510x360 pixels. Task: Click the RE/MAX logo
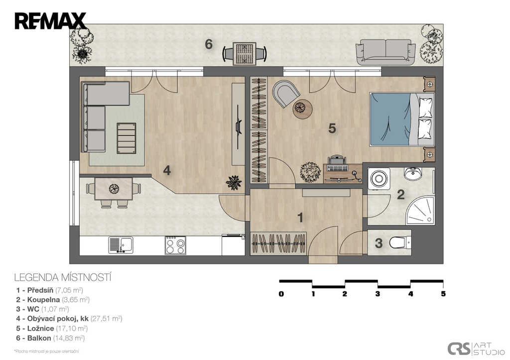click(x=50, y=21)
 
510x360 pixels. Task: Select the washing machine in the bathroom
click(x=379, y=178)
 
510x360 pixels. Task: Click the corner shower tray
click(x=420, y=210)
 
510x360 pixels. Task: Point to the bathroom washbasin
click(x=413, y=173)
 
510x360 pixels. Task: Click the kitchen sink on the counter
click(x=121, y=245)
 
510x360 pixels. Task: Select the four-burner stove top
click(x=175, y=245)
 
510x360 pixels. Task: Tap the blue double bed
click(x=402, y=120)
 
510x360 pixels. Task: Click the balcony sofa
click(x=386, y=52)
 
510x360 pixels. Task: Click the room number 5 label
click(x=332, y=128)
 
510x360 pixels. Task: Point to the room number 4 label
click(x=167, y=170)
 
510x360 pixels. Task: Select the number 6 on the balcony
click(x=209, y=44)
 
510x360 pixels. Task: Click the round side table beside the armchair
click(x=302, y=109)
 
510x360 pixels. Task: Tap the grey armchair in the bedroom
click(x=286, y=93)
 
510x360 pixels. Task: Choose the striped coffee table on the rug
click(x=127, y=138)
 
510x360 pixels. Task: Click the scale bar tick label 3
click(x=378, y=294)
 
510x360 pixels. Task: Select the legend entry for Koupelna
click(x=53, y=300)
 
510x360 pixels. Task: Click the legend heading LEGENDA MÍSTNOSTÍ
click(x=63, y=278)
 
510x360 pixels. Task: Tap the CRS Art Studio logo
click(x=476, y=349)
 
